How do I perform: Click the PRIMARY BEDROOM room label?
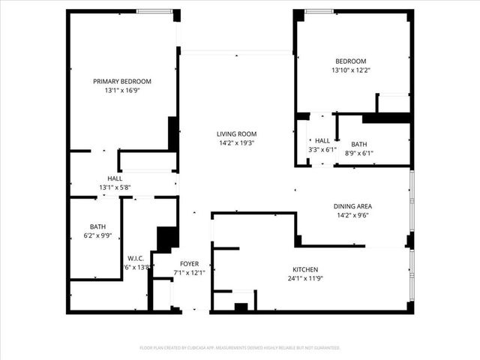(122, 81)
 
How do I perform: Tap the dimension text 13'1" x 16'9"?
(122, 90)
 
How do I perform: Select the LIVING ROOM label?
(237, 133)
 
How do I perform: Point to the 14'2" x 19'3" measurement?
(237, 142)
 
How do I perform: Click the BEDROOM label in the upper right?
(351, 61)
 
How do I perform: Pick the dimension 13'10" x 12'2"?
(351, 70)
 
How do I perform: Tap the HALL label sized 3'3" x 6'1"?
(322, 140)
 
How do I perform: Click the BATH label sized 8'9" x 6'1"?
(358, 145)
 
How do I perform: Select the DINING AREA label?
(352, 206)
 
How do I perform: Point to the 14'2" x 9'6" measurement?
(352, 215)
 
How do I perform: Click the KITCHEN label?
(305, 269)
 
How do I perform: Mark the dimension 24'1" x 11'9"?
(305, 278)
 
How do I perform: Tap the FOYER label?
(189, 263)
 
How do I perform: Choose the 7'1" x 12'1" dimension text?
(189, 272)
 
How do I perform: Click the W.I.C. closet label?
(136, 258)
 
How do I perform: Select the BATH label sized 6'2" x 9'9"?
(98, 226)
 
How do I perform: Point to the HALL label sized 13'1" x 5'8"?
(115, 178)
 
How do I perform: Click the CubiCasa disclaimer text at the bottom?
(240, 348)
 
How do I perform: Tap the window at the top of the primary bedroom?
(154, 10)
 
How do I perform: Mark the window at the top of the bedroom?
(319, 10)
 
